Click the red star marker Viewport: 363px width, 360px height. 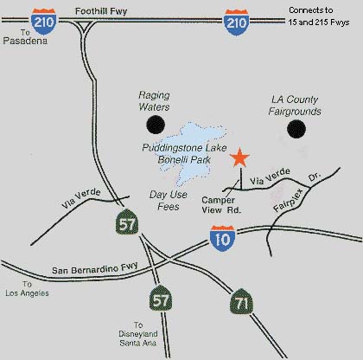[240, 157]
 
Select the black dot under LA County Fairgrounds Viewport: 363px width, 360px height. [297, 129]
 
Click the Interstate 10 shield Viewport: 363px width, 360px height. [222, 238]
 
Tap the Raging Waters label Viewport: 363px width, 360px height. [156, 100]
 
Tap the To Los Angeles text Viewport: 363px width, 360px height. [26, 288]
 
